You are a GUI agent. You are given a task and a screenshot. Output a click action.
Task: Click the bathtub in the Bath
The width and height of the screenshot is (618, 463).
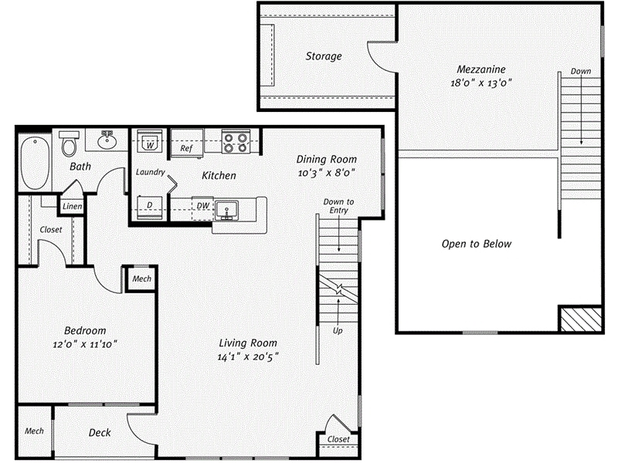[x=35, y=163]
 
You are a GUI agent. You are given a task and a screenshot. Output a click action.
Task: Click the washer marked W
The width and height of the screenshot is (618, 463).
[x=150, y=143]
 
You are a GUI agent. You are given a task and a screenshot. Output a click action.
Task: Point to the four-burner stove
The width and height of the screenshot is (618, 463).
[x=236, y=142]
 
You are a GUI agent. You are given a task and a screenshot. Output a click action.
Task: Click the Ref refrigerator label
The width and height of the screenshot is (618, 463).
[x=186, y=148]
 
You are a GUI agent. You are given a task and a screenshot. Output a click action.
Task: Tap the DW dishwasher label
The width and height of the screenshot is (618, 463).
[x=202, y=206]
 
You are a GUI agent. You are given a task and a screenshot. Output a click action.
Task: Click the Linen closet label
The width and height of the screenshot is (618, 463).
[x=72, y=206]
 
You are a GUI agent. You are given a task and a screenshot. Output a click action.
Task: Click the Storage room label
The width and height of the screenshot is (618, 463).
[x=323, y=56]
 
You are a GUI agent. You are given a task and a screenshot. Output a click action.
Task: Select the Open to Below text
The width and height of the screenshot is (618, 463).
[x=476, y=244]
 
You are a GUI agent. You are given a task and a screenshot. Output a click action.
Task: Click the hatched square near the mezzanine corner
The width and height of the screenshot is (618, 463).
[x=580, y=319]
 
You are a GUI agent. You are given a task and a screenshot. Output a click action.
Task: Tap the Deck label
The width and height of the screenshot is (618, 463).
[x=99, y=433]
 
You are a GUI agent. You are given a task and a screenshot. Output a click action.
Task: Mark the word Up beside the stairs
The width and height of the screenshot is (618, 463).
[x=338, y=330]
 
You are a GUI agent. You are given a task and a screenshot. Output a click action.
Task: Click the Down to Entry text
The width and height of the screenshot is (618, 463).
[x=338, y=206]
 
